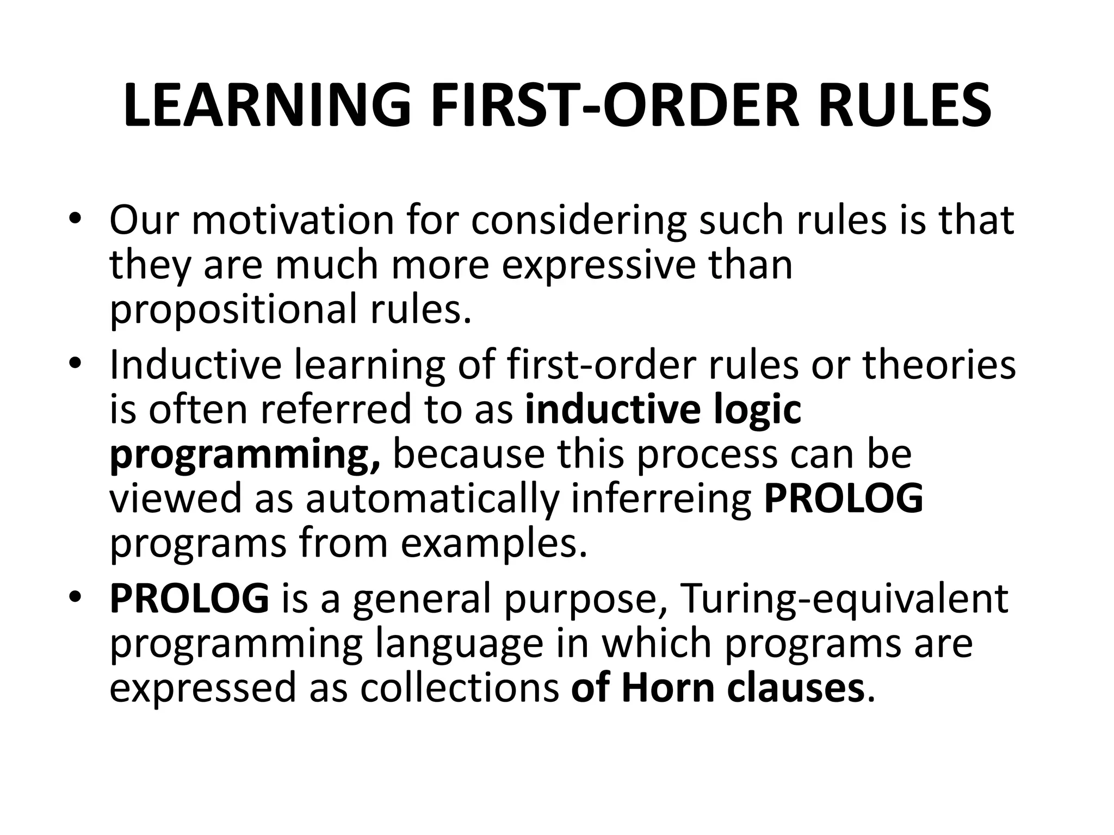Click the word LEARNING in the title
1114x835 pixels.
click(x=267, y=106)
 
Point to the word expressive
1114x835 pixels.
click(x=599, y=265)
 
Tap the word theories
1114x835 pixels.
click(x=939, y=365)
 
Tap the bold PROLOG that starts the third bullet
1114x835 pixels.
click(x=189, y=599)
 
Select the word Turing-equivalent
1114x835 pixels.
click(x=844, y=599)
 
